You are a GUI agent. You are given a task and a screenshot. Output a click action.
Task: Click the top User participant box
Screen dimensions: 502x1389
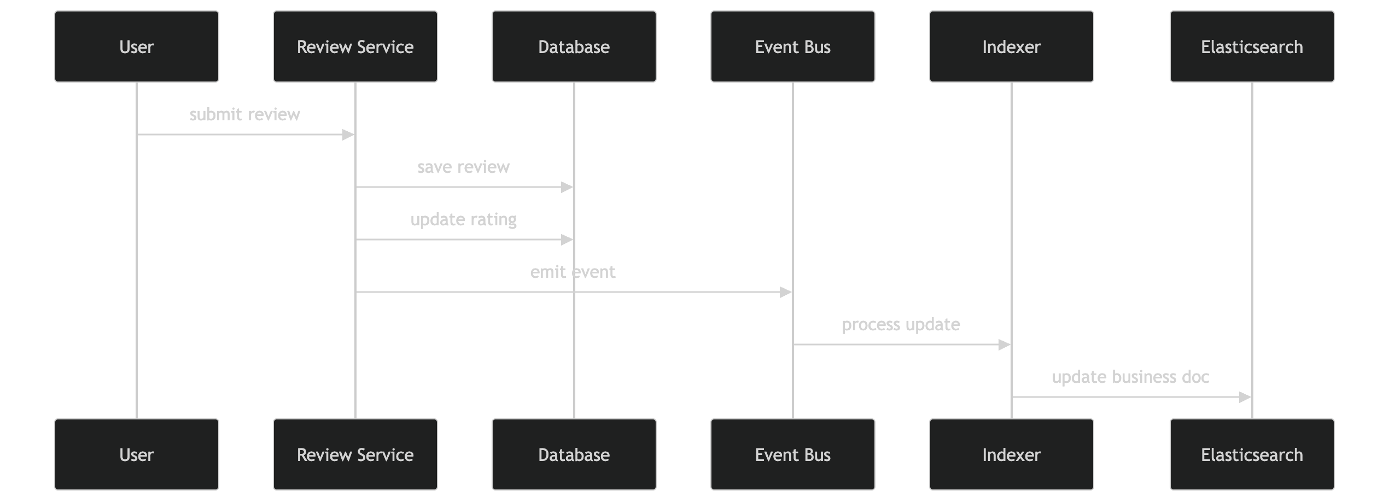[137, 46]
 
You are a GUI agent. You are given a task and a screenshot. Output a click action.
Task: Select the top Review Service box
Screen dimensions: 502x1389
[355, 46]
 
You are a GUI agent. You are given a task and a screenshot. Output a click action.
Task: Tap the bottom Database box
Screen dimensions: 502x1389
[574, 454]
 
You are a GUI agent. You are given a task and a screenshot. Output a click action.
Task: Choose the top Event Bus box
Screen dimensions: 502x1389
[793, 46]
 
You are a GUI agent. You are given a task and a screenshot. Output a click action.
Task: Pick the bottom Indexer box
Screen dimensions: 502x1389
[1012, 454]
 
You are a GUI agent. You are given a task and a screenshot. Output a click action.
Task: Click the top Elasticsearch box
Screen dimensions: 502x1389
[1252, 46]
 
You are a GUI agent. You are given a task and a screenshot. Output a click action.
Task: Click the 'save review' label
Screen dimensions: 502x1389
[463, 167]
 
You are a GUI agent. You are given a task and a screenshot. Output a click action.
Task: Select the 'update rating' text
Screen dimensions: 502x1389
[463, 219]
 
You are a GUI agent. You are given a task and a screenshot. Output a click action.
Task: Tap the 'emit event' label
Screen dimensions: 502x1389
[573, 272]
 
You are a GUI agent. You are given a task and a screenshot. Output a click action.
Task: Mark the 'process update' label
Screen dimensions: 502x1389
[901, 324]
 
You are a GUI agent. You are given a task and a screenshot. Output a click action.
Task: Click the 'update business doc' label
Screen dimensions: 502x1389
[1130, 377]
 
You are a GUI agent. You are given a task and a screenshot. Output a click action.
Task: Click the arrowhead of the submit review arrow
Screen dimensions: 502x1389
[348, 135]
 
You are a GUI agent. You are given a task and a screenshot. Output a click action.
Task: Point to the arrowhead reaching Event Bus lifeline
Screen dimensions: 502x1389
[786, 292]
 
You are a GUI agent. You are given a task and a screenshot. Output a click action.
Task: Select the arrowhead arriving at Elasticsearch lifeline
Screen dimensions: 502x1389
[1245, 397]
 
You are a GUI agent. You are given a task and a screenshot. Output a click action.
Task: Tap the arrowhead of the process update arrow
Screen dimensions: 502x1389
[1005, 345]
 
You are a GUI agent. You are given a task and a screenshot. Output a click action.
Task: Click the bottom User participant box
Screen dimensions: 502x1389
[137, 454]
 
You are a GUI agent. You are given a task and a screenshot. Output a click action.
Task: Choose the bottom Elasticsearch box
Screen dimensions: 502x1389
[1252, 454]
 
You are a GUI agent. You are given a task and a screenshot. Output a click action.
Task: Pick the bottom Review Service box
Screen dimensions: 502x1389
[355, 454]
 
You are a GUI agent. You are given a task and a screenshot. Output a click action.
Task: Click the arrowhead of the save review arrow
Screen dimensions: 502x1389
[567, 187]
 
